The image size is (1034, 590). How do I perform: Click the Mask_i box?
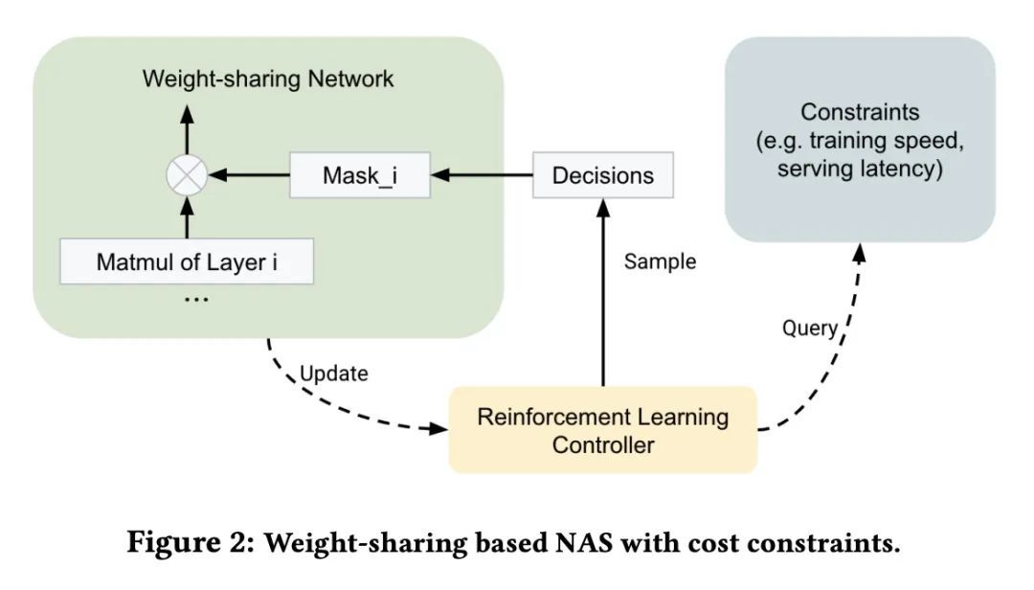click(358, 175)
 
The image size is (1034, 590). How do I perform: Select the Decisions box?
click(603, 175)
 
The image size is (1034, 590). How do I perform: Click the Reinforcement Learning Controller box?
click(602, 430)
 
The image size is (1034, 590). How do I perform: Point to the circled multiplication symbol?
click(187, 175)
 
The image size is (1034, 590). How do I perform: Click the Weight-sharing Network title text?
click(267, 78)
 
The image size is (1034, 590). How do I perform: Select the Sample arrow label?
click(660, 261)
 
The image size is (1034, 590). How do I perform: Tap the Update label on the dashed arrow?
click(334, 374)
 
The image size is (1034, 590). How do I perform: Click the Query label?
click(809, 329)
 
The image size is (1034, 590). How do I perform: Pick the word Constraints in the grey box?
click(860, 112)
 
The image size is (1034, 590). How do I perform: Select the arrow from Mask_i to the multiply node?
click(249, 175)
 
